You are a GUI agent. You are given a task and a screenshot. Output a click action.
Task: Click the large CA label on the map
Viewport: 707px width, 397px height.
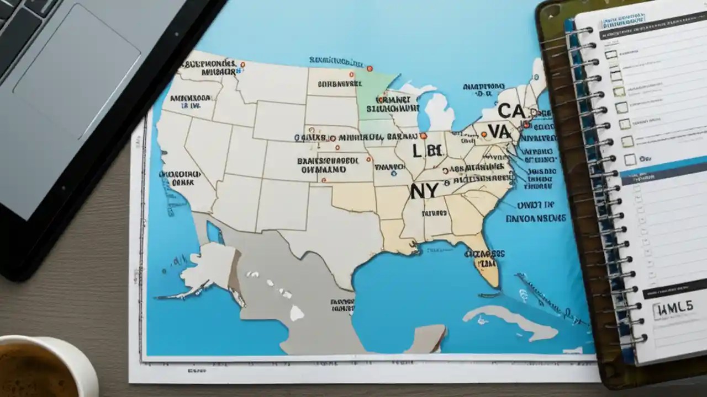(511, 111)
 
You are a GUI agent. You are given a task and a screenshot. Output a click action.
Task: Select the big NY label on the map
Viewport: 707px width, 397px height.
(424, 191)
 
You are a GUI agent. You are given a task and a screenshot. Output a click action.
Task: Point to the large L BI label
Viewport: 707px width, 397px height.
(427, 150)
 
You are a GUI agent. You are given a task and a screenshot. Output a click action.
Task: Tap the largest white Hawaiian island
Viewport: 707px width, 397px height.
(297, 313)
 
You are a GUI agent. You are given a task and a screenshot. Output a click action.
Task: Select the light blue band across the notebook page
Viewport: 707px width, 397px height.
(663, 170)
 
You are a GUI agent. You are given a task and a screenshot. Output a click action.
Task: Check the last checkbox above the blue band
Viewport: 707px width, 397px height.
(630, 160)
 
